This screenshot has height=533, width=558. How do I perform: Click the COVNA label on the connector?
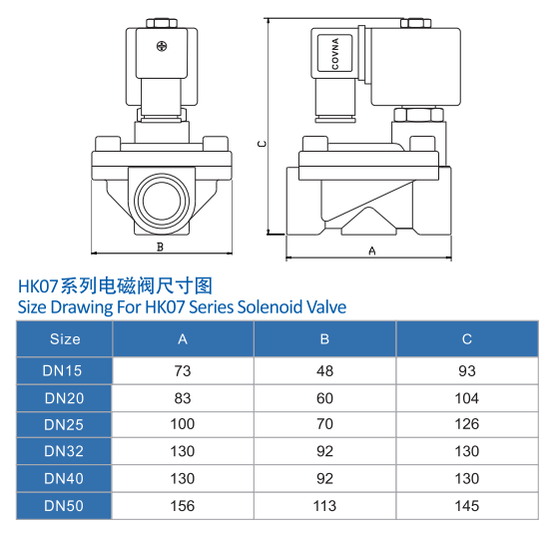(334, 53)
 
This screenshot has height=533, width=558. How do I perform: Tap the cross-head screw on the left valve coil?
(162, 46)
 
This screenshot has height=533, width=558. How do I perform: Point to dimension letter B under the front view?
(160, 247)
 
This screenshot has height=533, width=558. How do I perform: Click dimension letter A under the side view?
(372, 251)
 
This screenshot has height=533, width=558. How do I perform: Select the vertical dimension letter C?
(262, 144)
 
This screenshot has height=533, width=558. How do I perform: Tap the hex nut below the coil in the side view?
(418, 115)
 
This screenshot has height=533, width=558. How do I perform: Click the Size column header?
(65, 339)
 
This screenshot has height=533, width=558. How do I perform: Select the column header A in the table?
(183, 339)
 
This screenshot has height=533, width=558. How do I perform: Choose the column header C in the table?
(467, 339)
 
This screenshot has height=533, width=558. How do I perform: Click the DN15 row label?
(62, 370)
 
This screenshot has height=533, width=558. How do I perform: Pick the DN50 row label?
(64, 506)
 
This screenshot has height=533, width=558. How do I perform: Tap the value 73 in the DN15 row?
(183, 370)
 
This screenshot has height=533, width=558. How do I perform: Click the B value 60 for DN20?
(324, 398)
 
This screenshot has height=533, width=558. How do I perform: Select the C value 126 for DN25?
(467, 424)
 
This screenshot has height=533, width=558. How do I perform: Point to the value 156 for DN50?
(183, 506)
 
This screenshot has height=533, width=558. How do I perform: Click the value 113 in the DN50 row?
(324, 506)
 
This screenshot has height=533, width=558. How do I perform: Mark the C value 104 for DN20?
(467, 398)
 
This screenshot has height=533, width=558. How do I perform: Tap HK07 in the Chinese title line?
(38, 286)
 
